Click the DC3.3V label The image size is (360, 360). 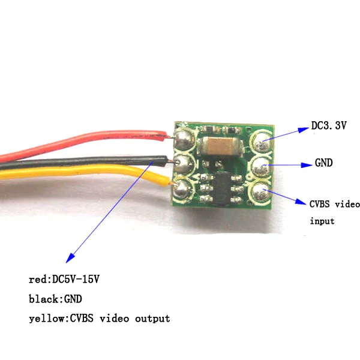click(329, 126)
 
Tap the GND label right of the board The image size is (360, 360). click(325, 163)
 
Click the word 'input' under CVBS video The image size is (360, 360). click(322, 221)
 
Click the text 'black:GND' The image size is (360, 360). click(55, 298)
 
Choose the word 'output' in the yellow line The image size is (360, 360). click(152, 318)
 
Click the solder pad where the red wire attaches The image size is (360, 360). click(184, 139)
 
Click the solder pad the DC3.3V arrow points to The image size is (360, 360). click(262, 142)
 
